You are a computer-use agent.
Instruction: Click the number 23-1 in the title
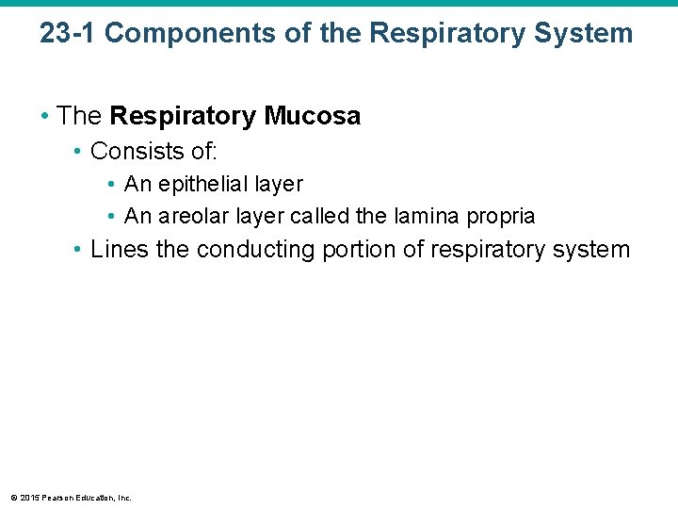point(67,33)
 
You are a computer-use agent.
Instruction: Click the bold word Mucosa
point(313,116)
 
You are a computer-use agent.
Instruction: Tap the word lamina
point(417,216)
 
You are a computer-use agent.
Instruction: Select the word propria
point(498,216)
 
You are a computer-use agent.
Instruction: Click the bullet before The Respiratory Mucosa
point(44,117)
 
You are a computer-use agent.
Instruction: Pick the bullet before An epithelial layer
point(111,185)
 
